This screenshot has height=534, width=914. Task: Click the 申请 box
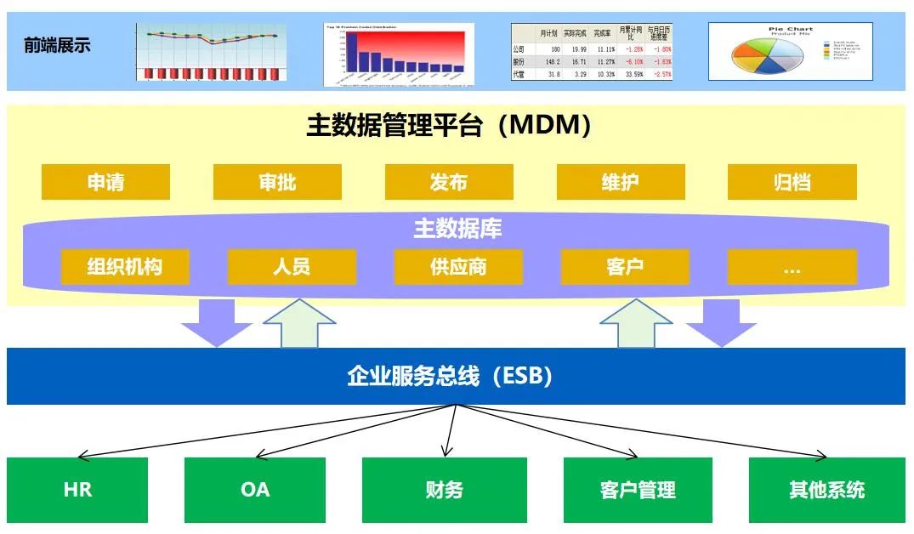click(x=105, y=182)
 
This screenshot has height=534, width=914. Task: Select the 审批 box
click(x=277, y=182)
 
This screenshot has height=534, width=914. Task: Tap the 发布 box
click(x=449, y=182)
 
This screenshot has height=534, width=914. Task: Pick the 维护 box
click(x=620, y=182)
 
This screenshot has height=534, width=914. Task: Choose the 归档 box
click(x=792, y=182)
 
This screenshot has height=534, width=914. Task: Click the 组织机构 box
click(x=124, y=267)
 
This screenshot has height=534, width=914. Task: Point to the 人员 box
click(x=292, y=267)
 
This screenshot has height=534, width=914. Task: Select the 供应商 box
click(x=458, y=267)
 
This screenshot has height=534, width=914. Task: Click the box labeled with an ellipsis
click(x=792, y=267)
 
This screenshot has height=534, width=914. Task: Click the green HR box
click(x=77, y=490)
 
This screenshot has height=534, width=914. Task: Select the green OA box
click(x=254, y=490)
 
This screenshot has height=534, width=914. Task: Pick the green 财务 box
click(x=444, y=490)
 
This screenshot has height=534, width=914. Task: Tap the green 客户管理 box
click(x=638, y=490)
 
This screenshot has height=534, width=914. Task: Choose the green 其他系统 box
click(x=826, y=490)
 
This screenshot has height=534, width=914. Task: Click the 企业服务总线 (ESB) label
click(x=450, y=376)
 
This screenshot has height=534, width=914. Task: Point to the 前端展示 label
click(x=57, y=46)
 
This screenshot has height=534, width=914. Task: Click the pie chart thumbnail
click(x=791, y=52)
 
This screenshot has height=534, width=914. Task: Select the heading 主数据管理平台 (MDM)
click(x=448, y=126)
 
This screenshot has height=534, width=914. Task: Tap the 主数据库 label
click(x=457, y=229)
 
